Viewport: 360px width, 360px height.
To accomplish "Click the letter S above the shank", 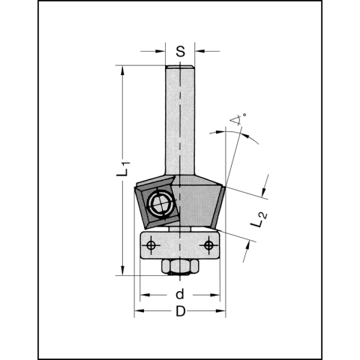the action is click(x=180, y=52).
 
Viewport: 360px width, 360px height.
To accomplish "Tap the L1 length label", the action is click(x=124, y=169).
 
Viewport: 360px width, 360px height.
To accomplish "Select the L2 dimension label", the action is click(x=259, y=220).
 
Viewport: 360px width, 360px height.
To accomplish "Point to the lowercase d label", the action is click(x=180, y=294).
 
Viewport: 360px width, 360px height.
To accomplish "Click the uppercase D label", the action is click(x=180, y=311).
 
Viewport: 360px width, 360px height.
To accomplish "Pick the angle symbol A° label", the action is click(x=238, y=119).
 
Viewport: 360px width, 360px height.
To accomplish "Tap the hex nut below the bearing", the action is click(x=180, y=266).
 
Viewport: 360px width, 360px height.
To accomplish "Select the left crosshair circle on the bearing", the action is click(x=151, y=245).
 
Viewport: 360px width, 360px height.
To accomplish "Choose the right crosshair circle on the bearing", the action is click(x=208, y=245).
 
